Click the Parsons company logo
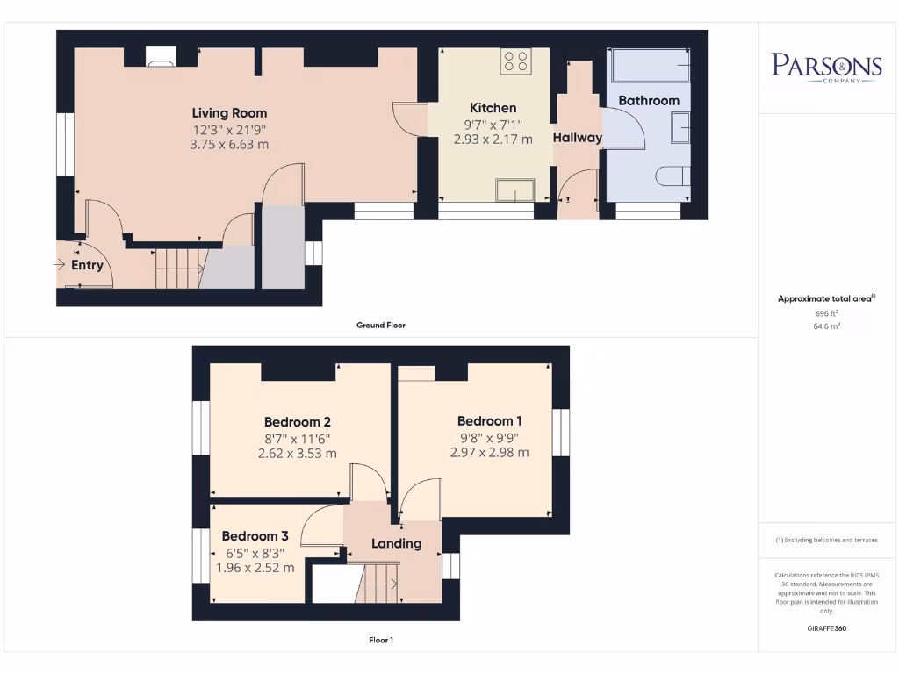[826, 68]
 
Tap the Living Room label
[229, 113]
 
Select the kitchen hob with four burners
[515, 61]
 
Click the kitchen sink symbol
[514, 190]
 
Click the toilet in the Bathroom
[672, 176]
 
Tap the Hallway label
[577, 137]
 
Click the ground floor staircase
[179, 268]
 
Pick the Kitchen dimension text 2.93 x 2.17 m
[493, 139]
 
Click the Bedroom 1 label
[489, 420]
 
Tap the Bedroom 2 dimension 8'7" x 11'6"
[297, 438]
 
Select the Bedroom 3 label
[255, 536]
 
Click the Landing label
[396, 543]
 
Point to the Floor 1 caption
[380, 641]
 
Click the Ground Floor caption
[380, 325]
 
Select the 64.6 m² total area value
[826, 326]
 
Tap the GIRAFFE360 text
[826, 628]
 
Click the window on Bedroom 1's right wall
[561, 432]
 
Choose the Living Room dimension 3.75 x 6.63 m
[229, 145]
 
